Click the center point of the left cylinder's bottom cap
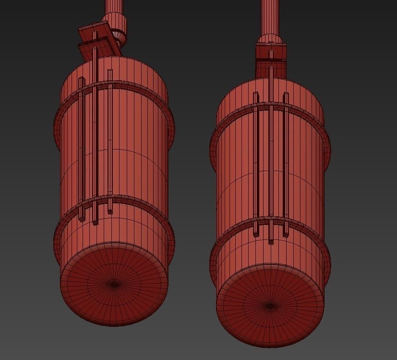[114, 284]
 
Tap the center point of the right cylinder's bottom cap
[270, 305]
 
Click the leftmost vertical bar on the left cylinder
[81, 144]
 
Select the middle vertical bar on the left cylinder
[96, 135]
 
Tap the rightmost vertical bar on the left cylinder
[110, 139]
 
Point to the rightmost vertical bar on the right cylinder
[286, 163]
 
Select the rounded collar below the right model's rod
[270, 39]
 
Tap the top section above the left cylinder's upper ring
[139, 77]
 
